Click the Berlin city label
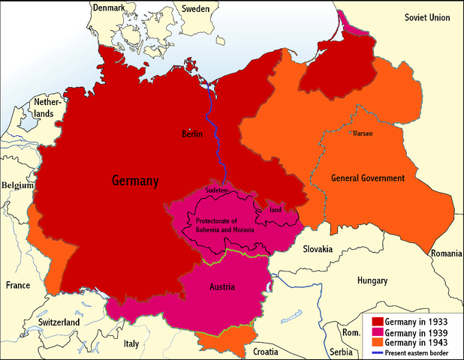pos(193,133)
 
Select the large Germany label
pos(135,181)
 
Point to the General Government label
pos(368,178)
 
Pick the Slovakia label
pos(324,248)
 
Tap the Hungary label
pos(372,280)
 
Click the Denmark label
pos(109,7)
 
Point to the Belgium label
pos(18,184)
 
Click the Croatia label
pos(271,350)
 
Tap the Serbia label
pos(342,352)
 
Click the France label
pos(18,286)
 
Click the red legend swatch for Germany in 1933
pos(375,321)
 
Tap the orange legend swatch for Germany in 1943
pos(375,342)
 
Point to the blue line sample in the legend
pos(375,352)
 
